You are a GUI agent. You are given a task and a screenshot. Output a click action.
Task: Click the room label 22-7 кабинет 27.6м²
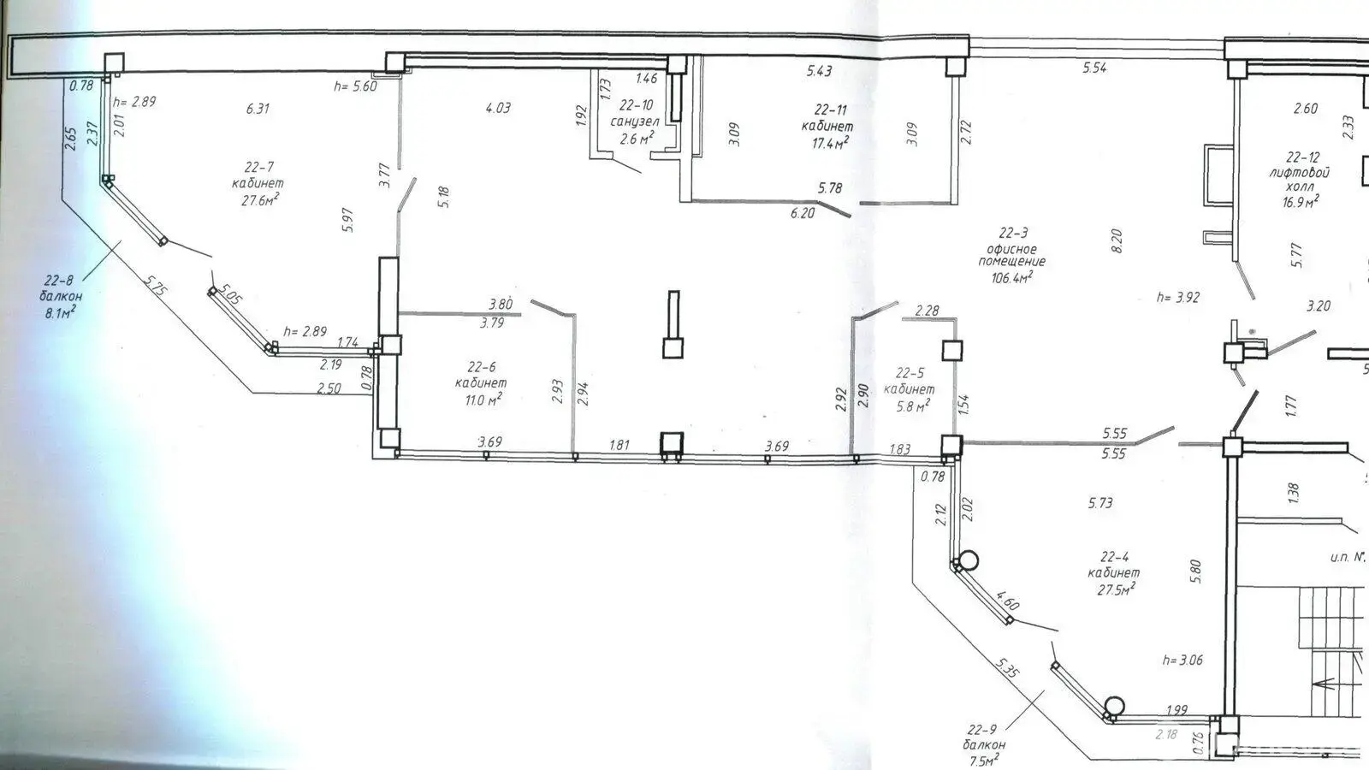(x=258, y=183)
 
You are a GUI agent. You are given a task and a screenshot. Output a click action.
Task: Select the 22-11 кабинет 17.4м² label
(x=831, y=126)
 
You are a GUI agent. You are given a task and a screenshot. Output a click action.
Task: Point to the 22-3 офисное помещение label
(x=1012, y=254)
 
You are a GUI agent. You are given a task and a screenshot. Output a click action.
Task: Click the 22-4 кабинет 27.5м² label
(x=1113, y=573)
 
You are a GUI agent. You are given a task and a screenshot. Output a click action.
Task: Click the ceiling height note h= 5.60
(x=355, y=86)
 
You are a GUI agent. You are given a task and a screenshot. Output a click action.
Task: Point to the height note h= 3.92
(x=1178, y=298)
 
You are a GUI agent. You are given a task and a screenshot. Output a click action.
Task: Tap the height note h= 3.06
(x=1183, y=660)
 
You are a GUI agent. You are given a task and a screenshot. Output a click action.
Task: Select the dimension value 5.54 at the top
(x=1094, y=68)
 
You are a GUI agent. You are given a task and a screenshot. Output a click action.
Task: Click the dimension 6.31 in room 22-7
(x=258, y=109)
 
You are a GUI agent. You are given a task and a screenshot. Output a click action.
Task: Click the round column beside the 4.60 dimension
(x=968, y=561)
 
